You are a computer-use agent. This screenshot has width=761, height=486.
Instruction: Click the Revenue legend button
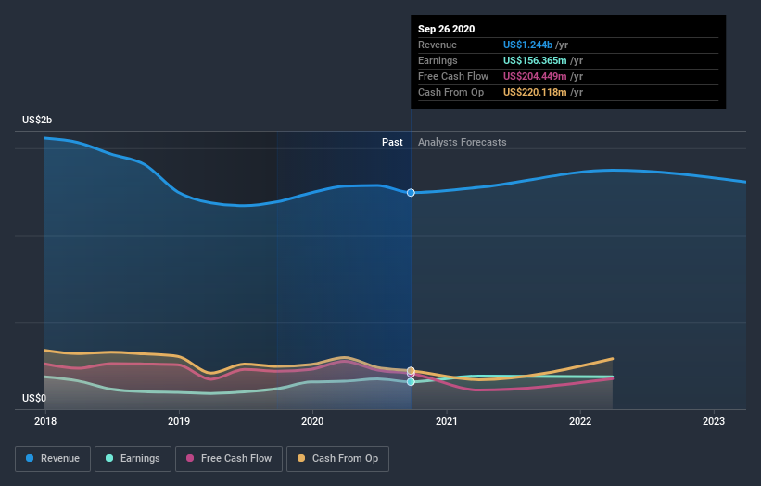pos(53,458)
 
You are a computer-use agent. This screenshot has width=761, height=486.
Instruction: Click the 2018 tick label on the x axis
pos(45,420)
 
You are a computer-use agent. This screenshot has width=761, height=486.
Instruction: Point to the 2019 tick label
pos(179,420)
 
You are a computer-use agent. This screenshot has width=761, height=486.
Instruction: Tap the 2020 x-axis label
pos(313,420)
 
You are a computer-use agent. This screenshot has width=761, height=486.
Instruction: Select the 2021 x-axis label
pos(447,420)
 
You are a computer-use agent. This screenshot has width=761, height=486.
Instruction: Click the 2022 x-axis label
pos(581,420)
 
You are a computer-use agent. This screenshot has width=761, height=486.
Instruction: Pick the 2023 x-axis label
pos(715,420)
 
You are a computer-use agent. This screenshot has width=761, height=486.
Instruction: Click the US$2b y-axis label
pos(38,121)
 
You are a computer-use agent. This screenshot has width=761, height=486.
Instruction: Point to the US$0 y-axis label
pos(34,398)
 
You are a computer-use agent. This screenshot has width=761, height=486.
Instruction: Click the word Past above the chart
pos(392,142)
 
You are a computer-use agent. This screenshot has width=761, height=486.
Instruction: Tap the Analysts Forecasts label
pos(462,142)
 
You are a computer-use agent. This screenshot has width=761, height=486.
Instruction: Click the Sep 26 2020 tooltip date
pos(446,29)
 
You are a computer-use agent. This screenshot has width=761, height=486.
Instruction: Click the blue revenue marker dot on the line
pos(411,192)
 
